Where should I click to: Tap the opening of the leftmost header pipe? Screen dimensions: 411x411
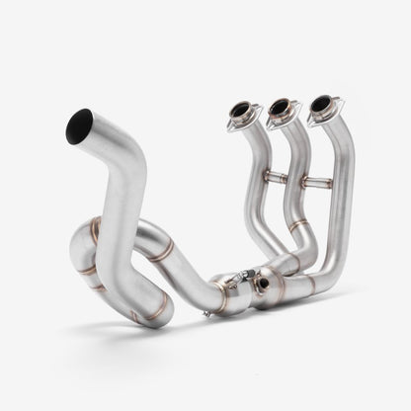tap(241, 110)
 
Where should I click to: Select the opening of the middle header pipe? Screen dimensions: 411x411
tap(280, 105)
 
